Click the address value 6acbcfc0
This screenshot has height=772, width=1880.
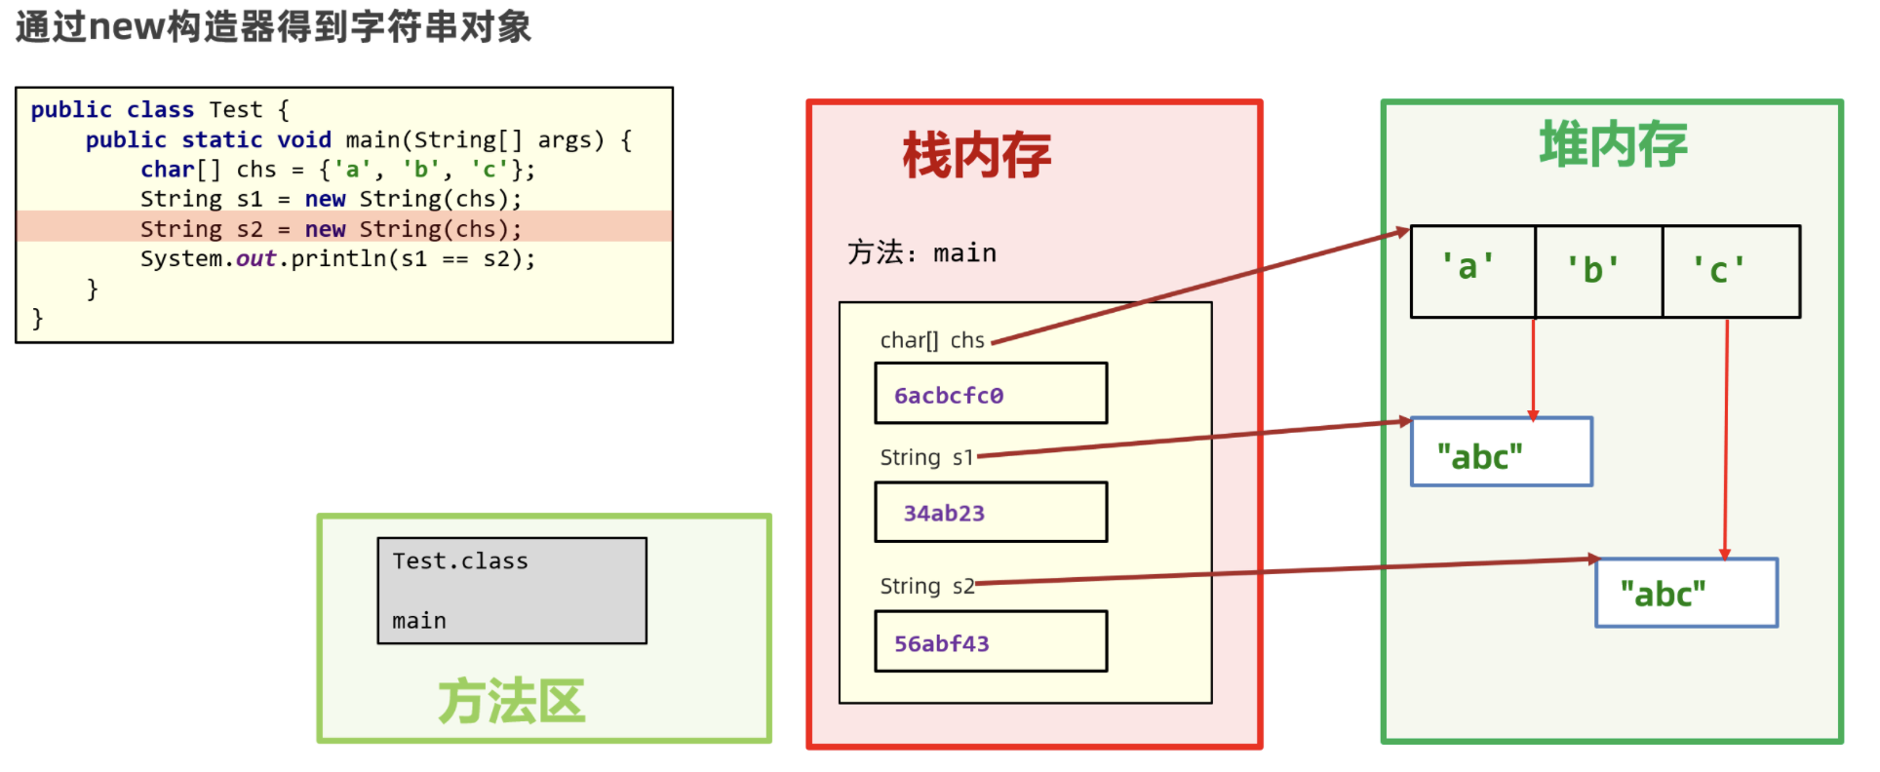coord(949,396)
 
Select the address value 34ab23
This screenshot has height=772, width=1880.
coord(944,514)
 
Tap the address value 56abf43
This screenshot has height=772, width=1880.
coord(942,644)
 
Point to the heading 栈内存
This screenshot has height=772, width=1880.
coord(977,156)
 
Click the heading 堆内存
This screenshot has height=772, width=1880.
coord(1614,145)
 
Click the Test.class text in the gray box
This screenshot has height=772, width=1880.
coord(460,561)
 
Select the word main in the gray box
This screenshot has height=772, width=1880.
coord(419,621)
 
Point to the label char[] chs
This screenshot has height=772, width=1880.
coord(932,341)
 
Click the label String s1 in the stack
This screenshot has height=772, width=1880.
coord(926,458)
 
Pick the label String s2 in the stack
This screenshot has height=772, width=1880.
coord(926,586)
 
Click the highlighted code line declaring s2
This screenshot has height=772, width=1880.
coord(332,229)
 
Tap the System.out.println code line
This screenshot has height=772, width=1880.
coord(337,259)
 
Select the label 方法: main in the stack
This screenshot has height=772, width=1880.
coord(921,253)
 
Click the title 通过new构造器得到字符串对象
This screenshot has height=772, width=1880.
coord(273,26)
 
